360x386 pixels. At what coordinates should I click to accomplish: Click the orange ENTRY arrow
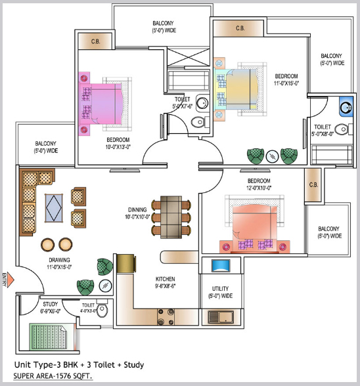point(10,280)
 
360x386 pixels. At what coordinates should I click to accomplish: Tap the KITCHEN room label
point(165,279)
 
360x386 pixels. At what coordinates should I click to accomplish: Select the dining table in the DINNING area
point(171,217)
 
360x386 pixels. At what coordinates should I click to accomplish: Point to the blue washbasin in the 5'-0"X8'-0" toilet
point(346,106)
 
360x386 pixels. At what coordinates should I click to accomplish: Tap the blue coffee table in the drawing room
point(54,208)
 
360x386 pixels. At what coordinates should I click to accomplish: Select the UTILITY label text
point(220,288)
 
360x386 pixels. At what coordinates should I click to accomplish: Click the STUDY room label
point(51,304)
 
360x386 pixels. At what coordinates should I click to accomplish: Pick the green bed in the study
point(49,337)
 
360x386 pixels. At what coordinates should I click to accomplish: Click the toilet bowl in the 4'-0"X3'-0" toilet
point(102,311)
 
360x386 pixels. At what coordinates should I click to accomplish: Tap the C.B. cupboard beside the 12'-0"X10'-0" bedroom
point(313,185)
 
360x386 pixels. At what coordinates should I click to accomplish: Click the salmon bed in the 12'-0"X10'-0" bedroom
point(254,223)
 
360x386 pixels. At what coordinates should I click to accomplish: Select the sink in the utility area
point(221,317)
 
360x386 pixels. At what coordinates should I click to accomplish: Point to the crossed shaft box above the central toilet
point(189,57)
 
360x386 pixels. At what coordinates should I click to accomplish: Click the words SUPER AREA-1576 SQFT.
point(53,376)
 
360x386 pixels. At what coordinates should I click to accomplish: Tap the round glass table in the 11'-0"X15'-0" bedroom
point(272,156)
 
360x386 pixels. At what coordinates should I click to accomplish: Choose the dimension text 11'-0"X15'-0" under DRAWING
point(59,267)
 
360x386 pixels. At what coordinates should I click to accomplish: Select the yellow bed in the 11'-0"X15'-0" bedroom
point(240,89)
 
